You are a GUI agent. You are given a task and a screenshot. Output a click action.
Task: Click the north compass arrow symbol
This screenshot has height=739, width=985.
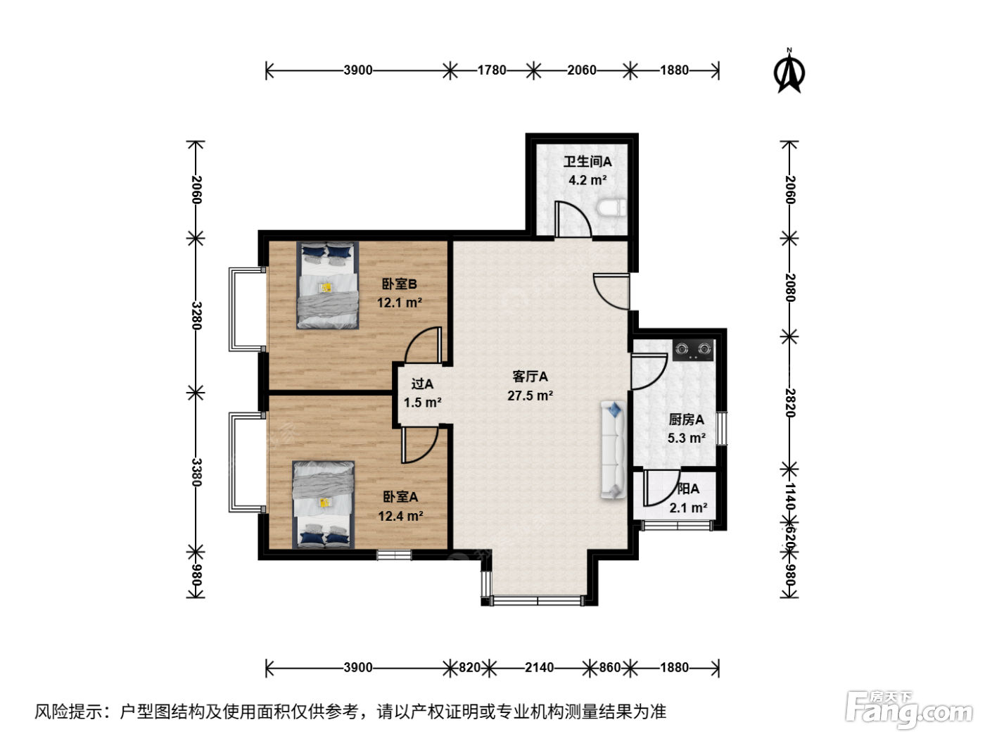(x=789, y=72)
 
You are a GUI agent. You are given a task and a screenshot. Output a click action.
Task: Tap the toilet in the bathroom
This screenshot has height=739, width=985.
(x=611, y=208)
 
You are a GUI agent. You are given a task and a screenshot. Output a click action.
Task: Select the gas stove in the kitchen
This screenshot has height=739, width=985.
(x=692, y=350)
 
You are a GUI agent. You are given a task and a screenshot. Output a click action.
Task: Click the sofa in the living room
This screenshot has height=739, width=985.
(x=613, y=450)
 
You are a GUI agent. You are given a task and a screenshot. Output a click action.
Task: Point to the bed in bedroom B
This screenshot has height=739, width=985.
(x=327, y=285)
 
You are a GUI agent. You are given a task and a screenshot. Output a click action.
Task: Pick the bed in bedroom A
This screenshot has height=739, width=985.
(x=323, y=505)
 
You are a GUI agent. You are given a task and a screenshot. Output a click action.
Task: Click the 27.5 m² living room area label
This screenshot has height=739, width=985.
(x=530, y=396)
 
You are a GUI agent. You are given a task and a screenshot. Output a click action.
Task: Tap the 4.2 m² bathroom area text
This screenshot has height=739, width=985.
(x=587, y=180)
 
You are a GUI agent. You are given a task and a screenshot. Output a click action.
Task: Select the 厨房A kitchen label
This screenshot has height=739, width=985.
(x=686, y=419)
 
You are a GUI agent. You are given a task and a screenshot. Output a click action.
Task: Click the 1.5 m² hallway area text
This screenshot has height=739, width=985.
(x=422, y=403)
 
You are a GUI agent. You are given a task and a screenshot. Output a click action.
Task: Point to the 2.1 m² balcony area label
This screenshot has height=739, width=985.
(x=688, y=508)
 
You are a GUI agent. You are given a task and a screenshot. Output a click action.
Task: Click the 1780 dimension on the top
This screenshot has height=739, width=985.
(x=491, y=70)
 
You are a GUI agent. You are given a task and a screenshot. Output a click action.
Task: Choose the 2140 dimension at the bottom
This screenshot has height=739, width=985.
(x=539, y=668)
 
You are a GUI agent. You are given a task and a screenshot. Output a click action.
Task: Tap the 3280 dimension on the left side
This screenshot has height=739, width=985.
(x=196, y=315)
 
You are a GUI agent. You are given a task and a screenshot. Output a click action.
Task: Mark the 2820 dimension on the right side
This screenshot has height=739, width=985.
(x=790, y=403)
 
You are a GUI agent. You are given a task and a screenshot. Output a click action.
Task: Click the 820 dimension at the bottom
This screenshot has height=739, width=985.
(x=469, y=668)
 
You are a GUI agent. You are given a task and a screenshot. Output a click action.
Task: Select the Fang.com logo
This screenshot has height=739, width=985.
(x=908, y=710)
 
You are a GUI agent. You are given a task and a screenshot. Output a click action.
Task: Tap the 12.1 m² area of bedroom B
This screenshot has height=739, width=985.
(x=399, y=303)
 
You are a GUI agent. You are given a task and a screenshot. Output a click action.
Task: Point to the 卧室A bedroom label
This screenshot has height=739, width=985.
(x=400, y=497)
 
